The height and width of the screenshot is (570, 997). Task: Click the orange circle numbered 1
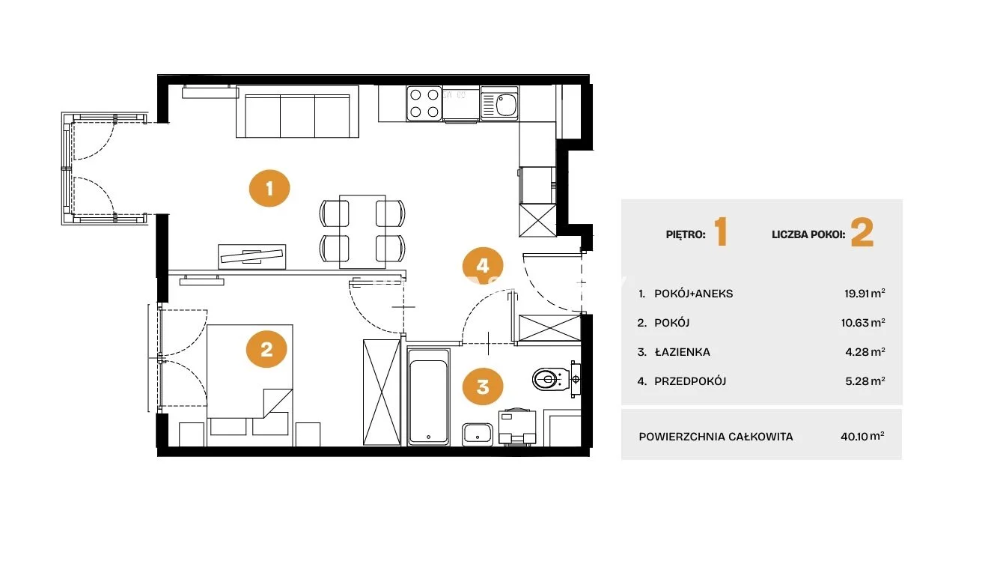269,188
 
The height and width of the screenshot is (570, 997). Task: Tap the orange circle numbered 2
266,349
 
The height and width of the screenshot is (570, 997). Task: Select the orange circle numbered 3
483,386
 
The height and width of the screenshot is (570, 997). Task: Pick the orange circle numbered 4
483,266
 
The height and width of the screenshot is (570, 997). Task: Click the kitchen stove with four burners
424,103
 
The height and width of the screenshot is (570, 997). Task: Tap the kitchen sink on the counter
499,104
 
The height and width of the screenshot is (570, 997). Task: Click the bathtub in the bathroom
428,397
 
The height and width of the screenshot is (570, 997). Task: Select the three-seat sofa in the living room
297,112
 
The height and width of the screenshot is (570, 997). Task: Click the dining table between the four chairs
362,231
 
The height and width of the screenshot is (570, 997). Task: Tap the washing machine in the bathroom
517,427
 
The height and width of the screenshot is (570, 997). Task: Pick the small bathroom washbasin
477,434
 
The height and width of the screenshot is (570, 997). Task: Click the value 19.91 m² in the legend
865,294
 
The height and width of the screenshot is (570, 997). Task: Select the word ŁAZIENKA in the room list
683,352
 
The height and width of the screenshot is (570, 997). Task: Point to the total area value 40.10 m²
862,437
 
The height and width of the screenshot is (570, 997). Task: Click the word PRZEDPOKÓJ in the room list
690,381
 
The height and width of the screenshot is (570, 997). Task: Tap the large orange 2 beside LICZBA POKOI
862,232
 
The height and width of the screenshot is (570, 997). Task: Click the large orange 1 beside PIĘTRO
721,231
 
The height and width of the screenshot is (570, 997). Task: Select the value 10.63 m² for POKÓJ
862,322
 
